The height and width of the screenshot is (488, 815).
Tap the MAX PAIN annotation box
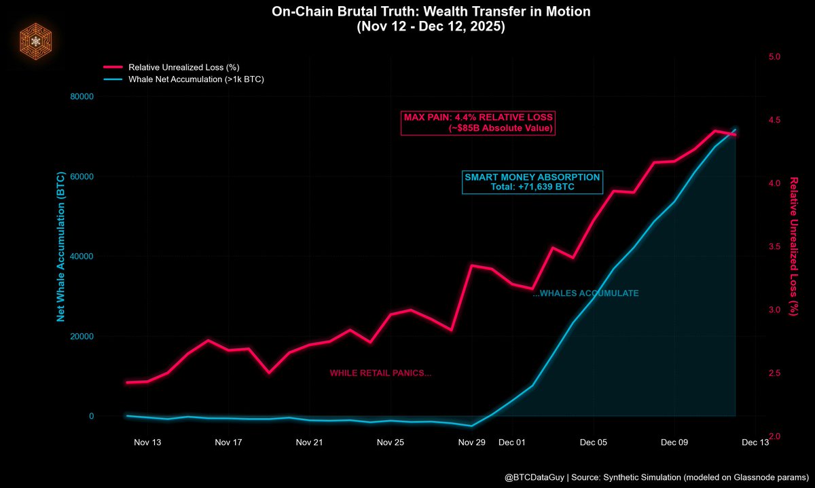click(x=479, y=122)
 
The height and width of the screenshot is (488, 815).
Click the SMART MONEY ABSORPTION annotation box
click(x=532, y=182)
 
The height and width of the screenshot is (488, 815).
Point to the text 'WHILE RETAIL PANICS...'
click(x=380, y=373)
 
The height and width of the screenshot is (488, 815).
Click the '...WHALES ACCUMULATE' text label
click(x=585, y=293)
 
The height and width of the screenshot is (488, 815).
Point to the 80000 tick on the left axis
click(x=81, y=96)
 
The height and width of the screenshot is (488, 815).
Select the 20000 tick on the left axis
click(x=81, y=337)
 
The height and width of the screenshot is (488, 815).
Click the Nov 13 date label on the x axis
click(x=147, y=443)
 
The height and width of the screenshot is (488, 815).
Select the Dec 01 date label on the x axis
click(x=512, y=443)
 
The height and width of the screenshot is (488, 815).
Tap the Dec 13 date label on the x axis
click(x=755, y=443)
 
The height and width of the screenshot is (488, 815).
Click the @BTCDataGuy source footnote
click(x=655, y=477)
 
